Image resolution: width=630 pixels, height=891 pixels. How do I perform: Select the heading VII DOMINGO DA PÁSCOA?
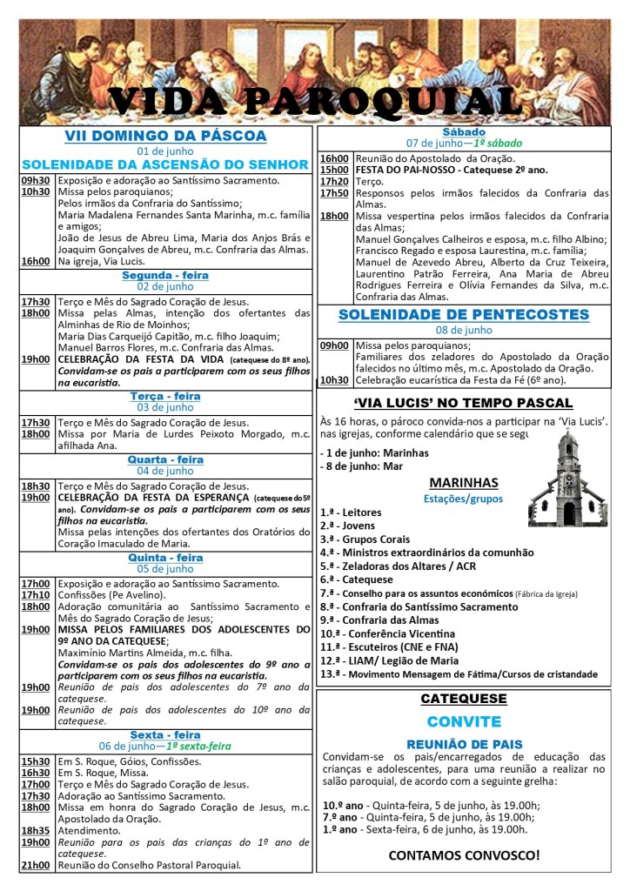165,137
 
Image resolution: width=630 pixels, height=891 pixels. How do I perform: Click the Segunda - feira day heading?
165,275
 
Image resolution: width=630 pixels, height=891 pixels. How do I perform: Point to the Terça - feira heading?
165,396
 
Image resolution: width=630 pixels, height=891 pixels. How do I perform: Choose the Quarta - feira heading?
165,459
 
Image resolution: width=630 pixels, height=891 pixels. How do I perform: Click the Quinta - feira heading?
165,558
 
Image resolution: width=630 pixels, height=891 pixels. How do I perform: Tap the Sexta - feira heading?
165,734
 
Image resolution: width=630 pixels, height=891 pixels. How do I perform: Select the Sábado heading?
464,131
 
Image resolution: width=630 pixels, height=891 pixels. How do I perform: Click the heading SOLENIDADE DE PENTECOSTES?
464,313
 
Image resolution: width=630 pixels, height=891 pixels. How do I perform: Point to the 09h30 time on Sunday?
36,180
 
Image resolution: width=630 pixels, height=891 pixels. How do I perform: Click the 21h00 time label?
36,865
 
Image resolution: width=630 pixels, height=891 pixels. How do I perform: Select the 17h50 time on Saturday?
334,193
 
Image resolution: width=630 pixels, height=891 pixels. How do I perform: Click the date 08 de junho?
464,330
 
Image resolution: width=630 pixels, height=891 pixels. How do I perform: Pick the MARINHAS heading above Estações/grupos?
464,483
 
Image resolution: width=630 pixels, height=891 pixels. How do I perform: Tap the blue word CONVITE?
464,722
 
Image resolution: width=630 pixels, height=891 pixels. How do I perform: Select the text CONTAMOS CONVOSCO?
464,854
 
